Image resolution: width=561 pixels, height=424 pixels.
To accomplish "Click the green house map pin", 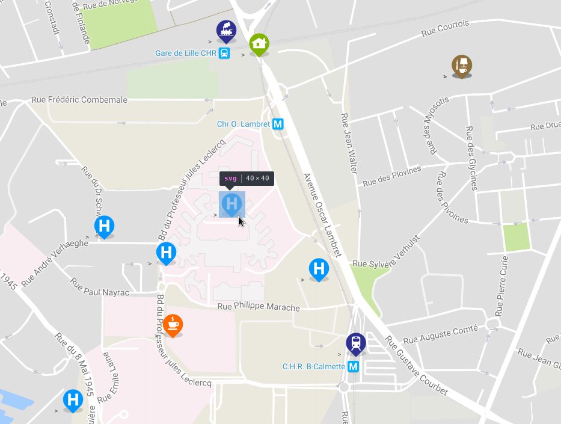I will (259, 44).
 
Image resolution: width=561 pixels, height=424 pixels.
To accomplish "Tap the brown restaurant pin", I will (462, 66).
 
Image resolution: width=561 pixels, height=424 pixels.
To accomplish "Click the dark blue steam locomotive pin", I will (226, 31).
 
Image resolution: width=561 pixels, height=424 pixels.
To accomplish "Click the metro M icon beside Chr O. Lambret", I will (278, 124).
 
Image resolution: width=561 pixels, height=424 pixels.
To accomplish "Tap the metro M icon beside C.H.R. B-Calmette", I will (353, 366).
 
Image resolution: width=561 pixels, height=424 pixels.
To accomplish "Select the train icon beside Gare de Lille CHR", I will (224, 53).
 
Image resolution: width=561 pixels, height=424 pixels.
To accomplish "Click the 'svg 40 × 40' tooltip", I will (247, 178).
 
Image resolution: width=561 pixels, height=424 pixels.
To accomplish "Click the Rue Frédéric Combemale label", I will (79, 100).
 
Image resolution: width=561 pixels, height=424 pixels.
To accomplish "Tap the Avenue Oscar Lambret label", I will (322, 215).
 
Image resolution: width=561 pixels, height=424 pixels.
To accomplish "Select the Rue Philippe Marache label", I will (259, 307).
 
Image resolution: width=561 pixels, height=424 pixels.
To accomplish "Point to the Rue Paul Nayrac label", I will (99, 287).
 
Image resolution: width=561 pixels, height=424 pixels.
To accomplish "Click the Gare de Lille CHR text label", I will (186, 53).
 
